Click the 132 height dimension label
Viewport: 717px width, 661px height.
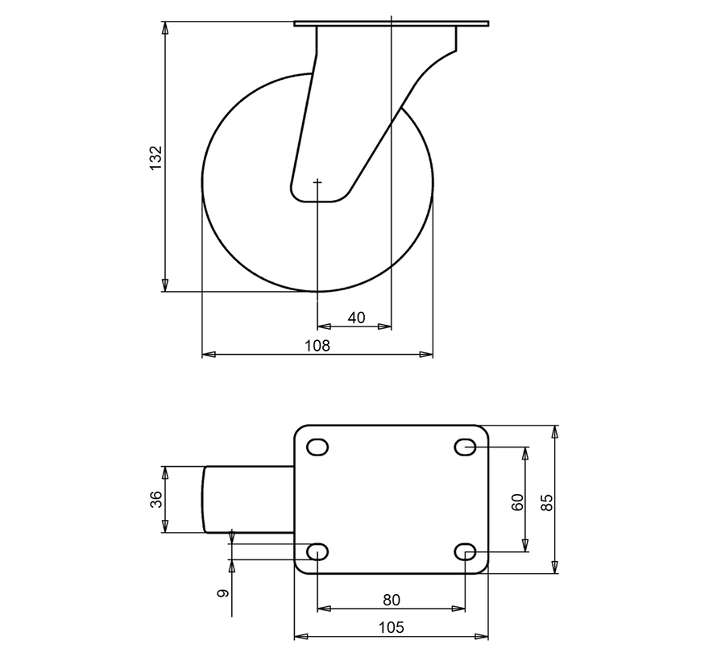coord(156,157)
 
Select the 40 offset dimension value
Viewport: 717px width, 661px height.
coord(356,318)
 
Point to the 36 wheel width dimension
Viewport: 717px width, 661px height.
coord(157,499)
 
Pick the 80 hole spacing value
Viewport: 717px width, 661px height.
coord(392,600)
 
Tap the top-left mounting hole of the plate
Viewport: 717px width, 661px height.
coord(318,447)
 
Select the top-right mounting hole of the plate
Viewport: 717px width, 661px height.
coord(466,447)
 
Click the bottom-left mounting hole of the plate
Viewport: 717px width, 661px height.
coord(318,552)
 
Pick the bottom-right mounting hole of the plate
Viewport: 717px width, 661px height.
coord(466,552)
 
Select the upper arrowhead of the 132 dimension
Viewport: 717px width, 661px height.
coord(165,28)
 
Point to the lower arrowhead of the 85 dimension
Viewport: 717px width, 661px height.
coord(555,567)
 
